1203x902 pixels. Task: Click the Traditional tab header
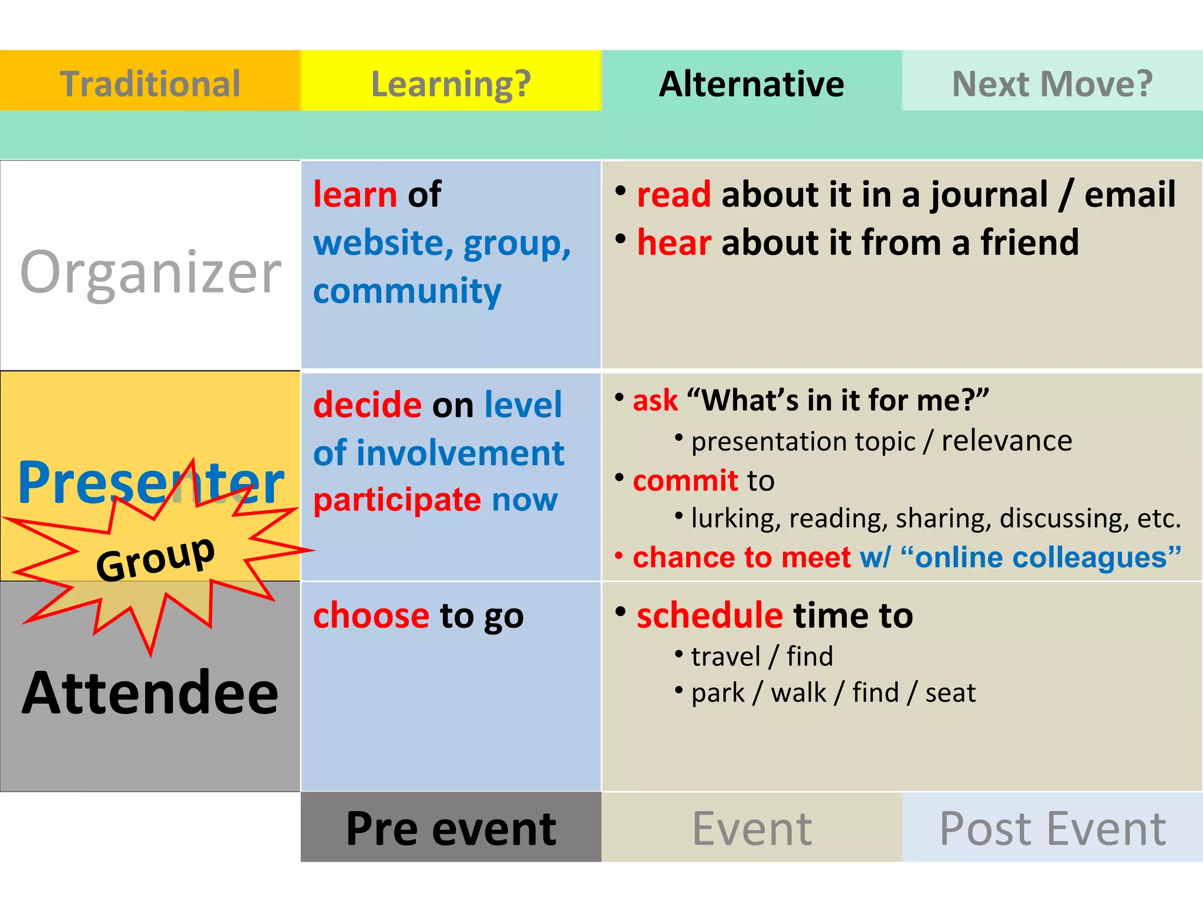tap(150, 83)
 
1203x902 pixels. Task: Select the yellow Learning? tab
tap(451, 83)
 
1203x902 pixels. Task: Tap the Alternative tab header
tap(751, 83)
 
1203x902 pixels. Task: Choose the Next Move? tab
tap(1052, 83)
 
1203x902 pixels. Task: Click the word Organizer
tap(150, 272)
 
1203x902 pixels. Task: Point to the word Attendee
tap(150, 693)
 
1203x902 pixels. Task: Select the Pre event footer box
tap(451, 828)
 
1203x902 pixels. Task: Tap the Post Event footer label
tap(1052, 828)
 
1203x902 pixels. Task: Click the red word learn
tap(355, 194)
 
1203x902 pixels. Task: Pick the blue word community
tap(407, 291)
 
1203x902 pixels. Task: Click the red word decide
tap(367, 405)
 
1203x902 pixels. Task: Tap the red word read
tap(674, 194)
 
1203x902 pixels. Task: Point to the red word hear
tap(674, 243)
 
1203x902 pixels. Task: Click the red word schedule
tap(710, 615)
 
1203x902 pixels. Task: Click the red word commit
tap(685, 481)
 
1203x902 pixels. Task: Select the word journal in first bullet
tap(989, 194)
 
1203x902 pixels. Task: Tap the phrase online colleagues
tap(1040, 557)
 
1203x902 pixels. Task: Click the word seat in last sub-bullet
tap(950, 693)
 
